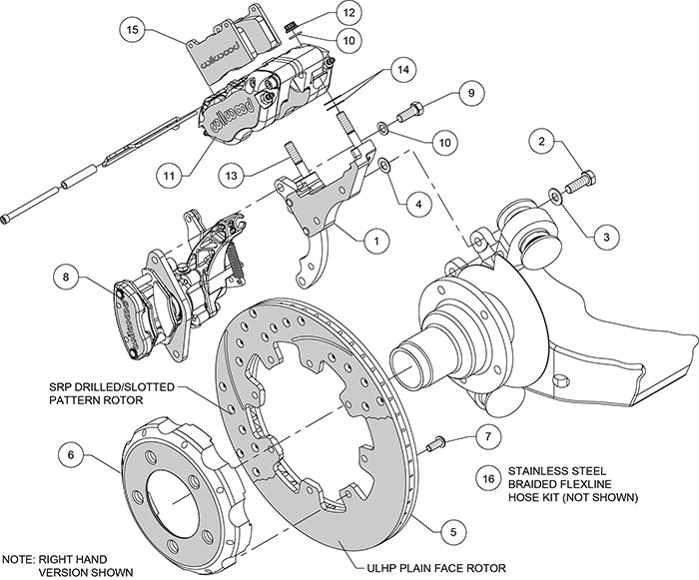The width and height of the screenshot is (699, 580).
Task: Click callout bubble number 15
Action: coord(133,31)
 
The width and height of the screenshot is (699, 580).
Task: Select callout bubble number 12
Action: coord(347,14)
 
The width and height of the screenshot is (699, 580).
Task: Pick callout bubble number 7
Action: coord(484,437)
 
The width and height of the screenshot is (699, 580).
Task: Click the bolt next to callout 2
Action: coord(579,185)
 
